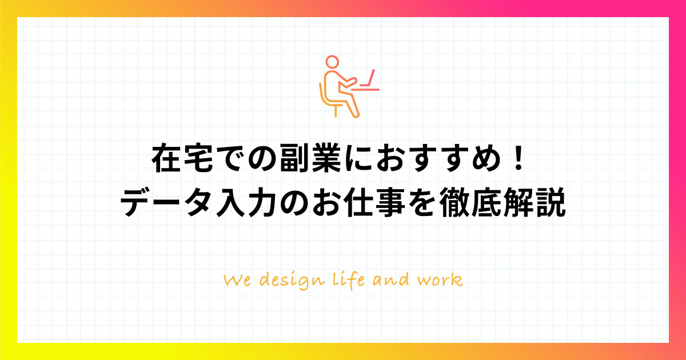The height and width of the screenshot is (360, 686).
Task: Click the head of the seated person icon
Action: coord(332,62)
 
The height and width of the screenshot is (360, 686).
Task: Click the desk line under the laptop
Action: coord(365,90)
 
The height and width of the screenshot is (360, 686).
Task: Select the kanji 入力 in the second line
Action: coord(246,203)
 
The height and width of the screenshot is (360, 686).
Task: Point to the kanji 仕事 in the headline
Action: coord(374,203)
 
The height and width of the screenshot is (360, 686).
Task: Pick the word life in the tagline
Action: coord(349,281)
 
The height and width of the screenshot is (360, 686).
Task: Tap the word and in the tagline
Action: coord(391,279)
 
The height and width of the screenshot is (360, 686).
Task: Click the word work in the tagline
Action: coord(440,280)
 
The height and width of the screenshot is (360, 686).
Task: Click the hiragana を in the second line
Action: coord(422,203)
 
